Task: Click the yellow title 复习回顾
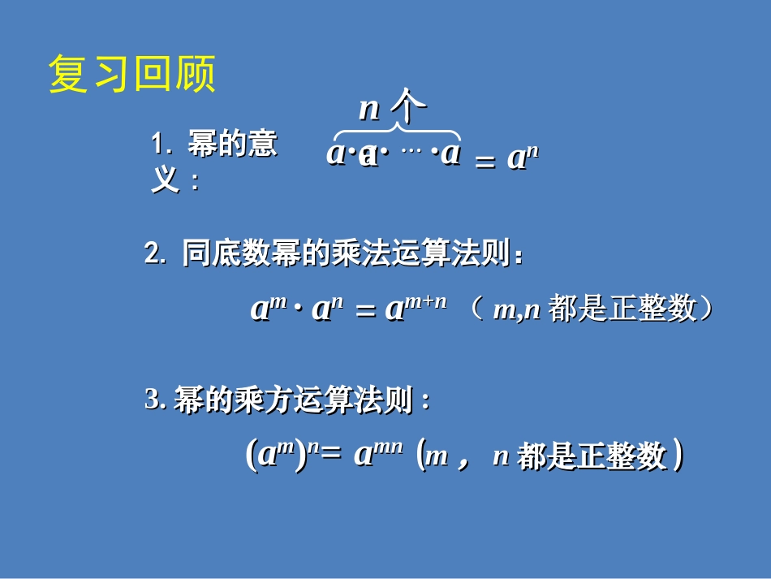pos(132,75)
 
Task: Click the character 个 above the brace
pos(408,106)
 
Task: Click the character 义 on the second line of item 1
pos(165,180)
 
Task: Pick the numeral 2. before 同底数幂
pos(155,254)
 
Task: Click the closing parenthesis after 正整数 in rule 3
pos(677,456)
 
